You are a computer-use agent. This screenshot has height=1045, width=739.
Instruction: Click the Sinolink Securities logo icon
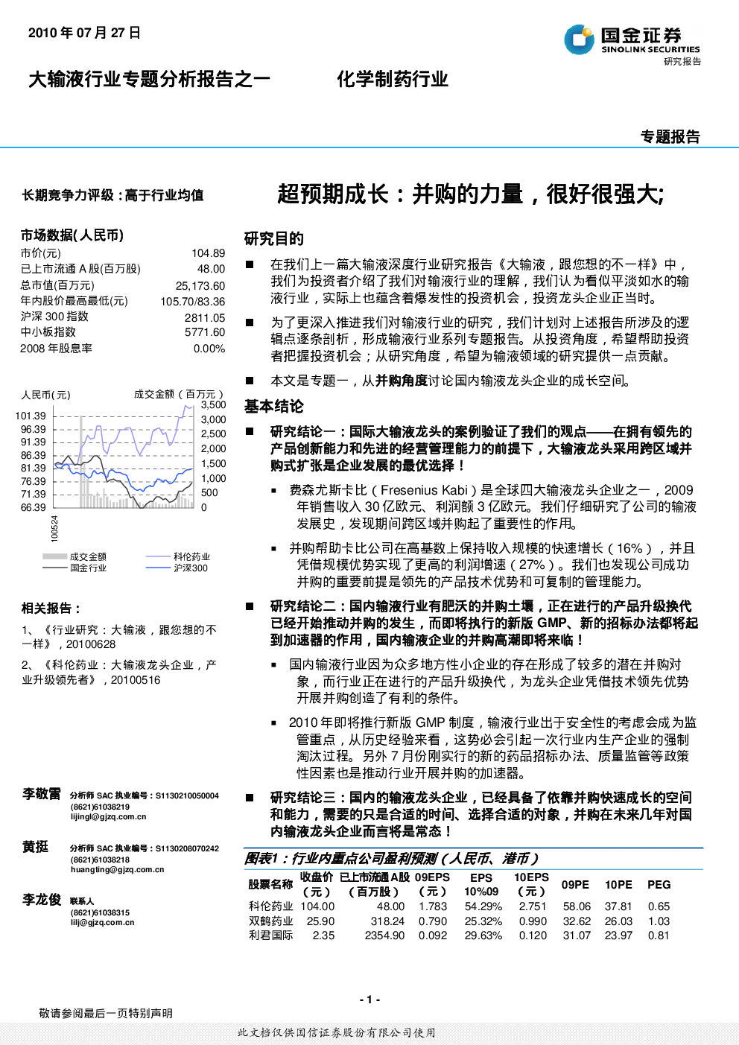(x=579, y=39)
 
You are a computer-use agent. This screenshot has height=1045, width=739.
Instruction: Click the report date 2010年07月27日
(x=84, y=33)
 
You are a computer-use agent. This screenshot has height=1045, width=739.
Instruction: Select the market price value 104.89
(x=208, y=253)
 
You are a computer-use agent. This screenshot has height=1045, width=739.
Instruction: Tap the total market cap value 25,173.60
(x=200, y=285)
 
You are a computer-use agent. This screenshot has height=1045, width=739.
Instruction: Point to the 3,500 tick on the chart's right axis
(x=213, y=405)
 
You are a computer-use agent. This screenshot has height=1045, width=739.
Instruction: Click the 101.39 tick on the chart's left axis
(x=31, y=416)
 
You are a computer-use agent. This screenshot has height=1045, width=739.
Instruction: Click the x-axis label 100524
(x=54, y=529)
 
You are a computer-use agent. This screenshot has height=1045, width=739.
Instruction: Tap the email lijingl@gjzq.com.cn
(x=108, y=816)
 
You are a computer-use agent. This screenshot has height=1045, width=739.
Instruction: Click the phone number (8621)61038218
(x=100, y=860)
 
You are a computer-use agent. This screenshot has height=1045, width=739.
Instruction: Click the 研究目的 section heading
(x=274, y=239)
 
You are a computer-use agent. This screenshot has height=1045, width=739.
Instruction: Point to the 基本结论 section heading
(x=274, y=407)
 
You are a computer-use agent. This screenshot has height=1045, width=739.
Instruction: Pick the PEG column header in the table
(x=659, y=885)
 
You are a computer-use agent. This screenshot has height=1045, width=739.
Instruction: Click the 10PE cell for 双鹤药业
(x=618, y=921)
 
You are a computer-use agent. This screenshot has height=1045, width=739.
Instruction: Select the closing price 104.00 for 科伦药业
(x=317, y=906)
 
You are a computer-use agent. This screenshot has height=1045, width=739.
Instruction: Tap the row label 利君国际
(x=270, y=936)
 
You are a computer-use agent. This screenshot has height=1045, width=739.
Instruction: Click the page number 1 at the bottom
(x=370, y=1000)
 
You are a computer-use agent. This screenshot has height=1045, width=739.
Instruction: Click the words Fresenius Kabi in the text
(x=424, y=490)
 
